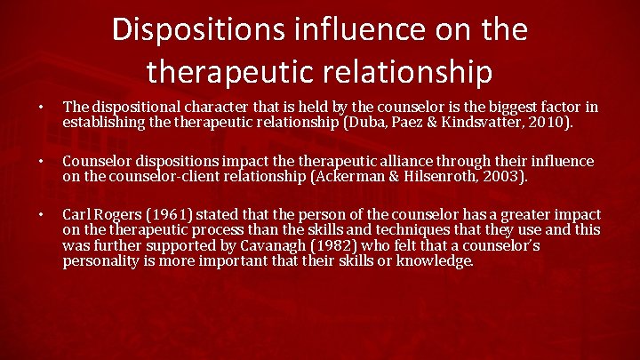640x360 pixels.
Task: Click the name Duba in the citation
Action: pyautogui.click(x=396, y=122)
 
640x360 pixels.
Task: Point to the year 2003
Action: pyautogui.click(x=511, y=176)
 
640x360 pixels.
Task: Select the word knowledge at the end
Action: pyautogui.click(x=436, y=261)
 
